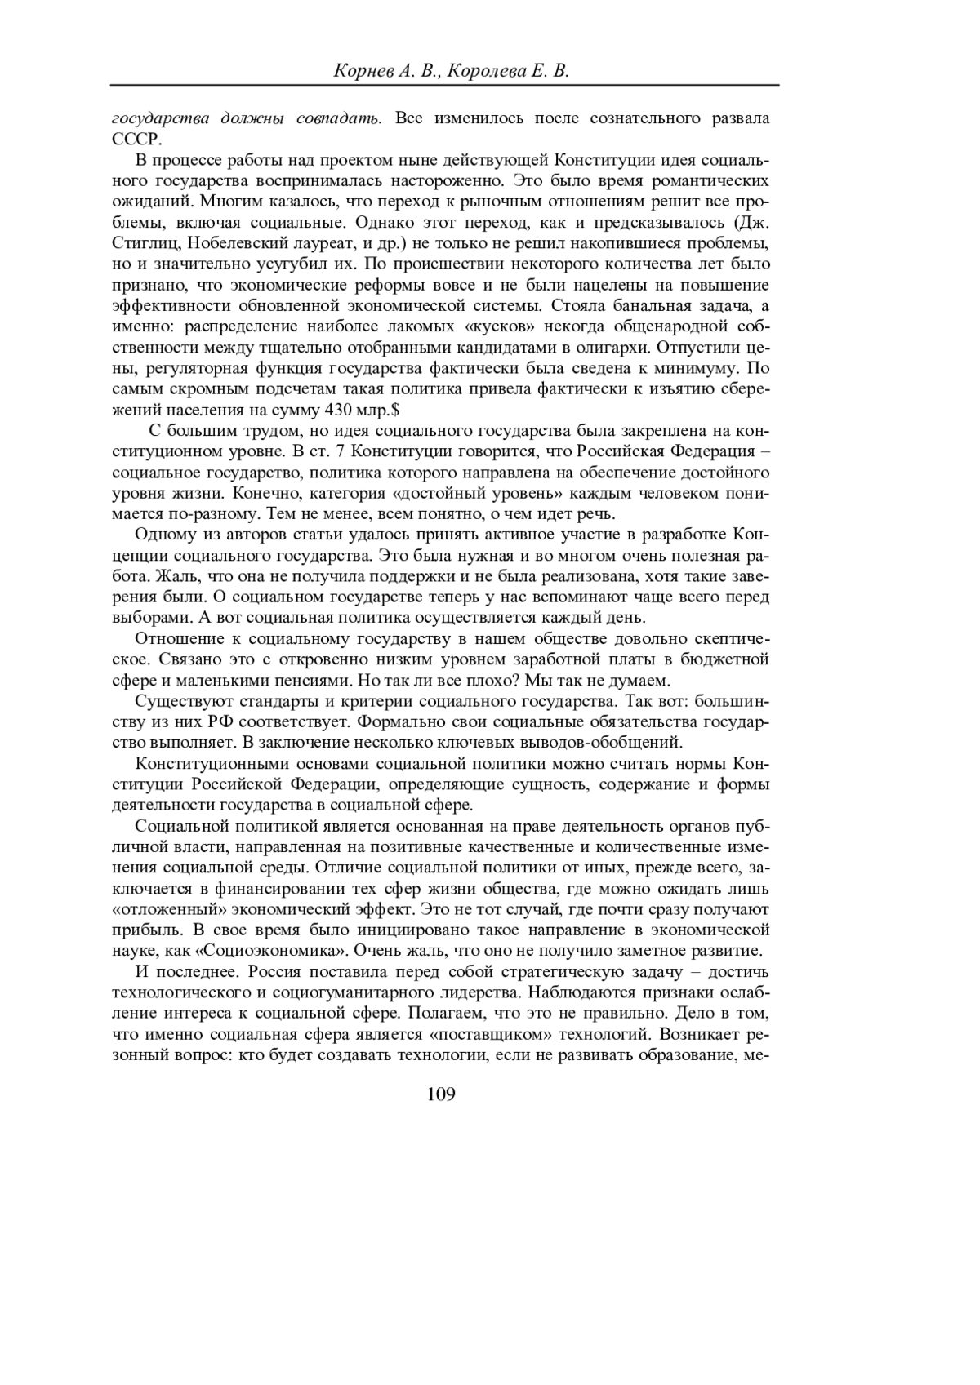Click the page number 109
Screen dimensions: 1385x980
[x=441, y=1094]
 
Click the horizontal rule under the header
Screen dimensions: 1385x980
[x=444, y=85]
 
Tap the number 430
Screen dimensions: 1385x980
[x=341, y=410]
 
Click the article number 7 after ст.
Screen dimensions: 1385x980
[x=339, y=451]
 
